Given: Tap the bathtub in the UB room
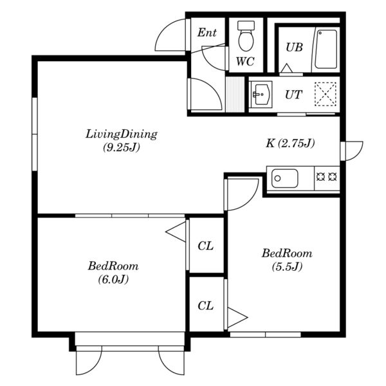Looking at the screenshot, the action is (x=326, y=50).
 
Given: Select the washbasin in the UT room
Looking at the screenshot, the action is (x=261, y=95).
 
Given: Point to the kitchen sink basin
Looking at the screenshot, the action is (x=284, y=178).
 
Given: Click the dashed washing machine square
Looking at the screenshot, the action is (x=326, y=95).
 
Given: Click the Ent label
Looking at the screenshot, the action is (x=207, y=33).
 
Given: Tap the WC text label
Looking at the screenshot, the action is (x=245, y=61).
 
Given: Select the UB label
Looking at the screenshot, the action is (x=294, y=47).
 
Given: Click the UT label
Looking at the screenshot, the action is (x=293, y=95).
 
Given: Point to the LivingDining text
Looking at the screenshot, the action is (x=122, y=134).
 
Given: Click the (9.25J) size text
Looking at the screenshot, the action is (x=122, y=148).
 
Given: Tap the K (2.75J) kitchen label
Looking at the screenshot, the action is (x=290, y=143).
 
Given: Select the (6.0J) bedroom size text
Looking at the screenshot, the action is (x=113, y=279).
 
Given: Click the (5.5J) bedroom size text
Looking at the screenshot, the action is (x=287, y=266).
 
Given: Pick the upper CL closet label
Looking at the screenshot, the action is (x=206, y=246).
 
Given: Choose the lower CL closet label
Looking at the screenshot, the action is (x=206, y=306).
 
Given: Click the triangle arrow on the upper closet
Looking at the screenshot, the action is (x=176, y=232).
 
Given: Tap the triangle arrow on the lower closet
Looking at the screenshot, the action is (x=237, y=318).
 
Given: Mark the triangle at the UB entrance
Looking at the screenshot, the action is (x=286, y=68).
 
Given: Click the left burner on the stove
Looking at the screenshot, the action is (x=320, y=177).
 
